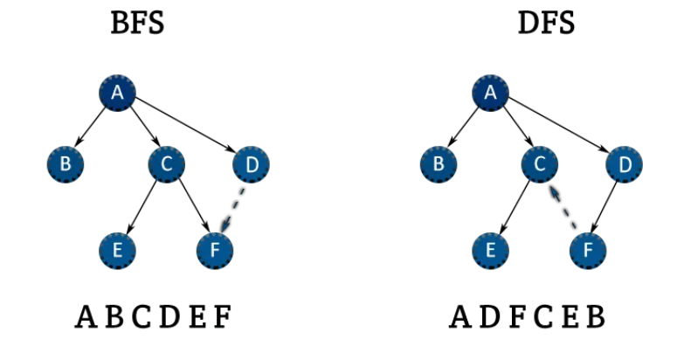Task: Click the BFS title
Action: [x=137, y=24]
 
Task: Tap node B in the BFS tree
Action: [x=66, y=163]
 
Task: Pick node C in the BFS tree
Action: [x=165, y=163]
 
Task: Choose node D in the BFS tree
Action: [x=252, y=163]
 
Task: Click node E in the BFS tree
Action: [x=116, y=251]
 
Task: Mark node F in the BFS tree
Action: [x=216, y=251]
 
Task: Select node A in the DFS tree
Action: [x=490, y=93]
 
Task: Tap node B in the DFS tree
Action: [x=439, y=163]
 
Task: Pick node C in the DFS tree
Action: [x=539, y=163]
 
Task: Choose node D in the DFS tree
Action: [x=625, y=163]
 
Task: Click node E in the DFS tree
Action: [x=490, y=251]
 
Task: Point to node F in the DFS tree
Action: [x=588, y=251]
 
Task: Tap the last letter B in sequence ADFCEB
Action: [x=595, y=317]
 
